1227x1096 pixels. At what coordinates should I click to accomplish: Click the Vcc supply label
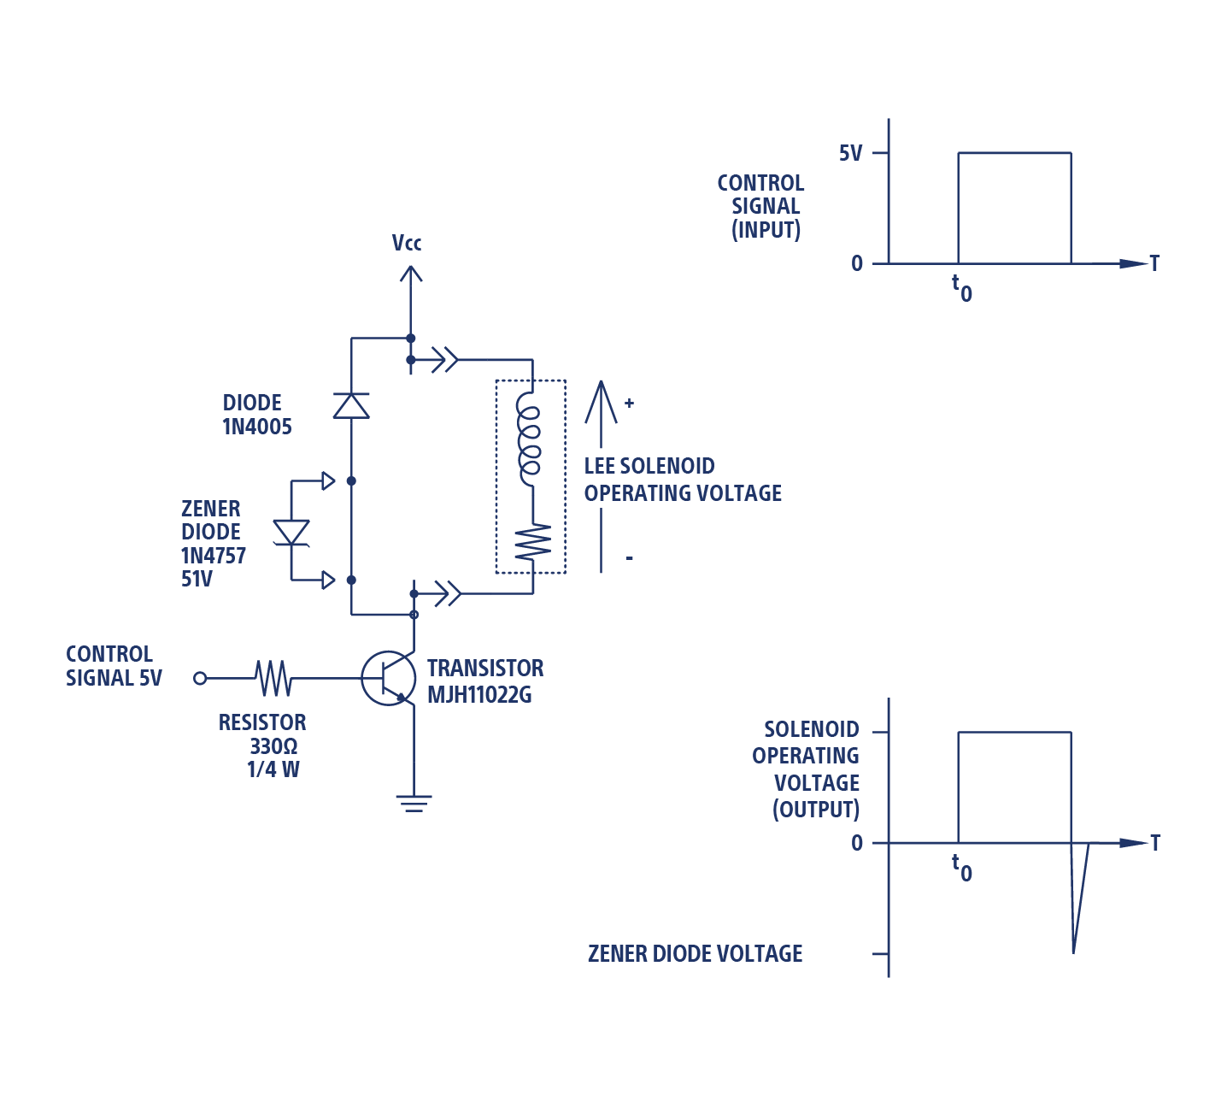click(x=407, y=244)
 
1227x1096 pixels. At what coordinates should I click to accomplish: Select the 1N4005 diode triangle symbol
click(x=351, y=405)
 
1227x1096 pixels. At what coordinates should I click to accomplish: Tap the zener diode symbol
click(x=291, y=532)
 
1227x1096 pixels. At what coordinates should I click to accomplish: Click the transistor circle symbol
click(x=388, y=679)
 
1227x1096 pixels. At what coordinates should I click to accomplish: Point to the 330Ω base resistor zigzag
click(x=273, y=678)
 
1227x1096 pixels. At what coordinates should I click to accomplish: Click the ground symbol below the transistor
click(x=414, y=802)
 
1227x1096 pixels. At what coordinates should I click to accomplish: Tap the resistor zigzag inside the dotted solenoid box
click(x=531, y=542)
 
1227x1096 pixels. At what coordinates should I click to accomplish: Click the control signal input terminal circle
click(x=200, y=678)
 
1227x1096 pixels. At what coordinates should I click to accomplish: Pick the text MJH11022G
click(x=479, y=695)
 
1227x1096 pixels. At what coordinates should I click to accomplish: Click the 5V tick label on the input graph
click(x=851, y=154)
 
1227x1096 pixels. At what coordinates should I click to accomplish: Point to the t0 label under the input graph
click(x=962, y=289)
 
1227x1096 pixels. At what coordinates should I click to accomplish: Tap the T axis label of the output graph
click(x=1155, y=843)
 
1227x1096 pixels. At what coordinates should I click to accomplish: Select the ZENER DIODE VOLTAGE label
click(x=695, y=954)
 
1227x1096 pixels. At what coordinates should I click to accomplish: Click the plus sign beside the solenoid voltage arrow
click(x=629, y=403)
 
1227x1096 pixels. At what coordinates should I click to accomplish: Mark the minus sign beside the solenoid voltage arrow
click(x=629, y=558)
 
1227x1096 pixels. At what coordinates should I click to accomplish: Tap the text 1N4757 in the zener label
click(x=214, y=556)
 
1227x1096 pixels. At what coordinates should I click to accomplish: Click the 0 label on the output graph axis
click(x=857, y=844)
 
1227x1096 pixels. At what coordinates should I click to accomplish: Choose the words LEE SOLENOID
click(x=649, y=466)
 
